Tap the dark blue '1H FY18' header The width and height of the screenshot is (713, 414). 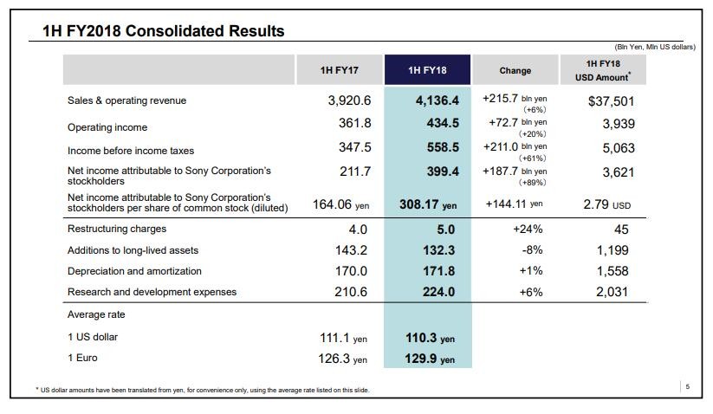(427, 70)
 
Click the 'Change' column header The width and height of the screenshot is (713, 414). (515, 70)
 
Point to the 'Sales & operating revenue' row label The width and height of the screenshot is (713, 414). (126, 100)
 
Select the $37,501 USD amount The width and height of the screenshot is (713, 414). (611, 101)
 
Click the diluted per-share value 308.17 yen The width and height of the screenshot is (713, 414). (429, 205)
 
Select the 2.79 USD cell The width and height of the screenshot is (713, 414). (610, 205)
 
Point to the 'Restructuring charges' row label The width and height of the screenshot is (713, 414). (116, 230)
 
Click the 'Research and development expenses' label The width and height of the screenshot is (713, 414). (152, 292)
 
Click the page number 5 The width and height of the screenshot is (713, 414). (687, 386)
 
